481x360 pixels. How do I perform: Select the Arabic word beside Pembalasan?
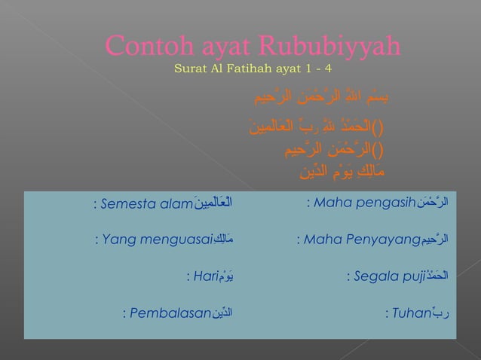click(x=222, y=313)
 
